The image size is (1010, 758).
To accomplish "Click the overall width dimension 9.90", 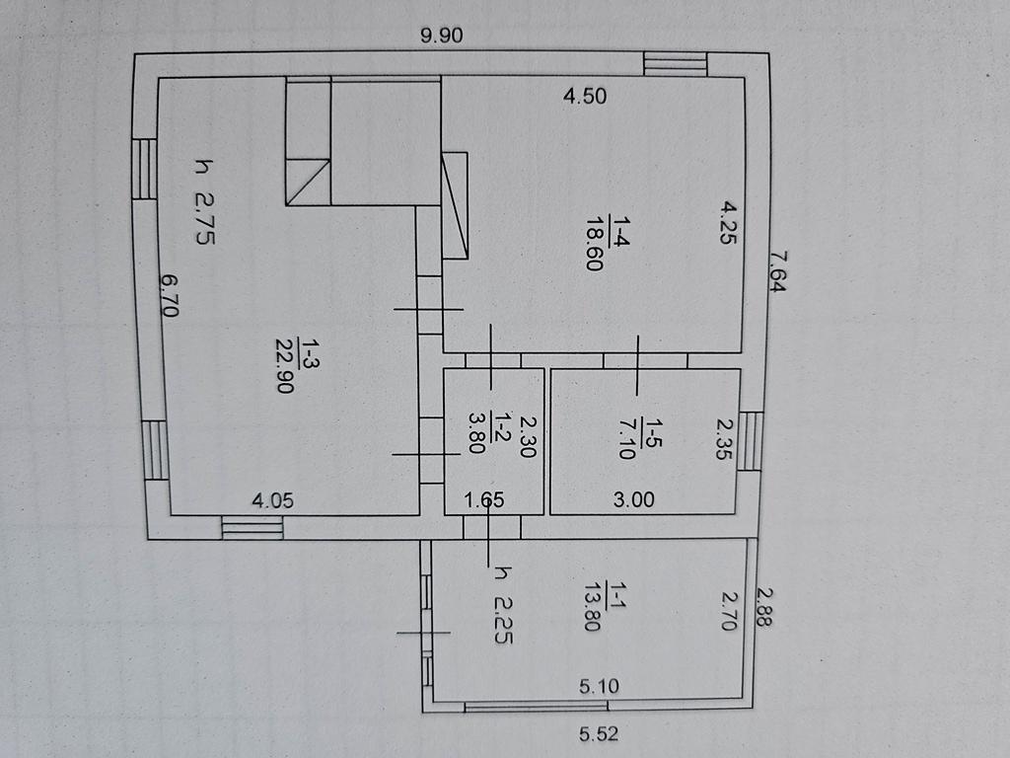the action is coord(441,35).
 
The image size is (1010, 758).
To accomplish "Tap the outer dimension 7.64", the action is coord(777,271).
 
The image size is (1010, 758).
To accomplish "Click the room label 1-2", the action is coord(502,426).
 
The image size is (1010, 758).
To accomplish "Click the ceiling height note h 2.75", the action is coord(204,201).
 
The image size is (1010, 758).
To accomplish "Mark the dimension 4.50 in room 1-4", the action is coord(584,96).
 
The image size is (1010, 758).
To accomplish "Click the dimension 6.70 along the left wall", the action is coord(170,296).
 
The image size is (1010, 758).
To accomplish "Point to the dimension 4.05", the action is coord(272,500).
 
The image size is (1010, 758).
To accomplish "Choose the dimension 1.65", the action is coord(484,499).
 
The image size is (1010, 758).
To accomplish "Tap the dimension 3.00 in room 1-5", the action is coord(634,499).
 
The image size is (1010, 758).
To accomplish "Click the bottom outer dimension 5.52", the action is coord(599,733).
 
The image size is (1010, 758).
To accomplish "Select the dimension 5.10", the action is coord(599,686).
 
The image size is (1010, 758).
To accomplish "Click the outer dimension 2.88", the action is coord(764,607).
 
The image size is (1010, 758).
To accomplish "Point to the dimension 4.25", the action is coord(728,223).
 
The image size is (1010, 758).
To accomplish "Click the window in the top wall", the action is coord(676,64).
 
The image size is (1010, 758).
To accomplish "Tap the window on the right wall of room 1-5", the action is coord(751,441).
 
